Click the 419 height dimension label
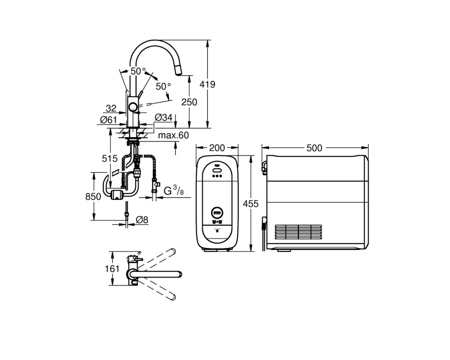click(207, 85)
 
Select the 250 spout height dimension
click(189, 102)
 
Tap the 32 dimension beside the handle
click(111, 108)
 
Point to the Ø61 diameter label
click(108, 120)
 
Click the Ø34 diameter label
click(164, 117)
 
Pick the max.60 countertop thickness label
click(174, 135)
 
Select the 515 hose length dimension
click(110, 158)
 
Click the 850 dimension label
click(93, 197)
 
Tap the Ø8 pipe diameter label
click(142, 220)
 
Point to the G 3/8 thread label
click(174, 191)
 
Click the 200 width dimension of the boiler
click(217, 148)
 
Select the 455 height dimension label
click(251, 203)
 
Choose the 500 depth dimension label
click(315, 148)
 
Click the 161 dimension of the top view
click(112, 269)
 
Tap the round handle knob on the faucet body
click(133, 107)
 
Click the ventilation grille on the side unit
click(298, 232)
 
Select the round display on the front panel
click(217, 213)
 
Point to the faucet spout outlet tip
click(179, 75)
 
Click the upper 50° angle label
click(138, 71)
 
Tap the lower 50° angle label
click(164, 86)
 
